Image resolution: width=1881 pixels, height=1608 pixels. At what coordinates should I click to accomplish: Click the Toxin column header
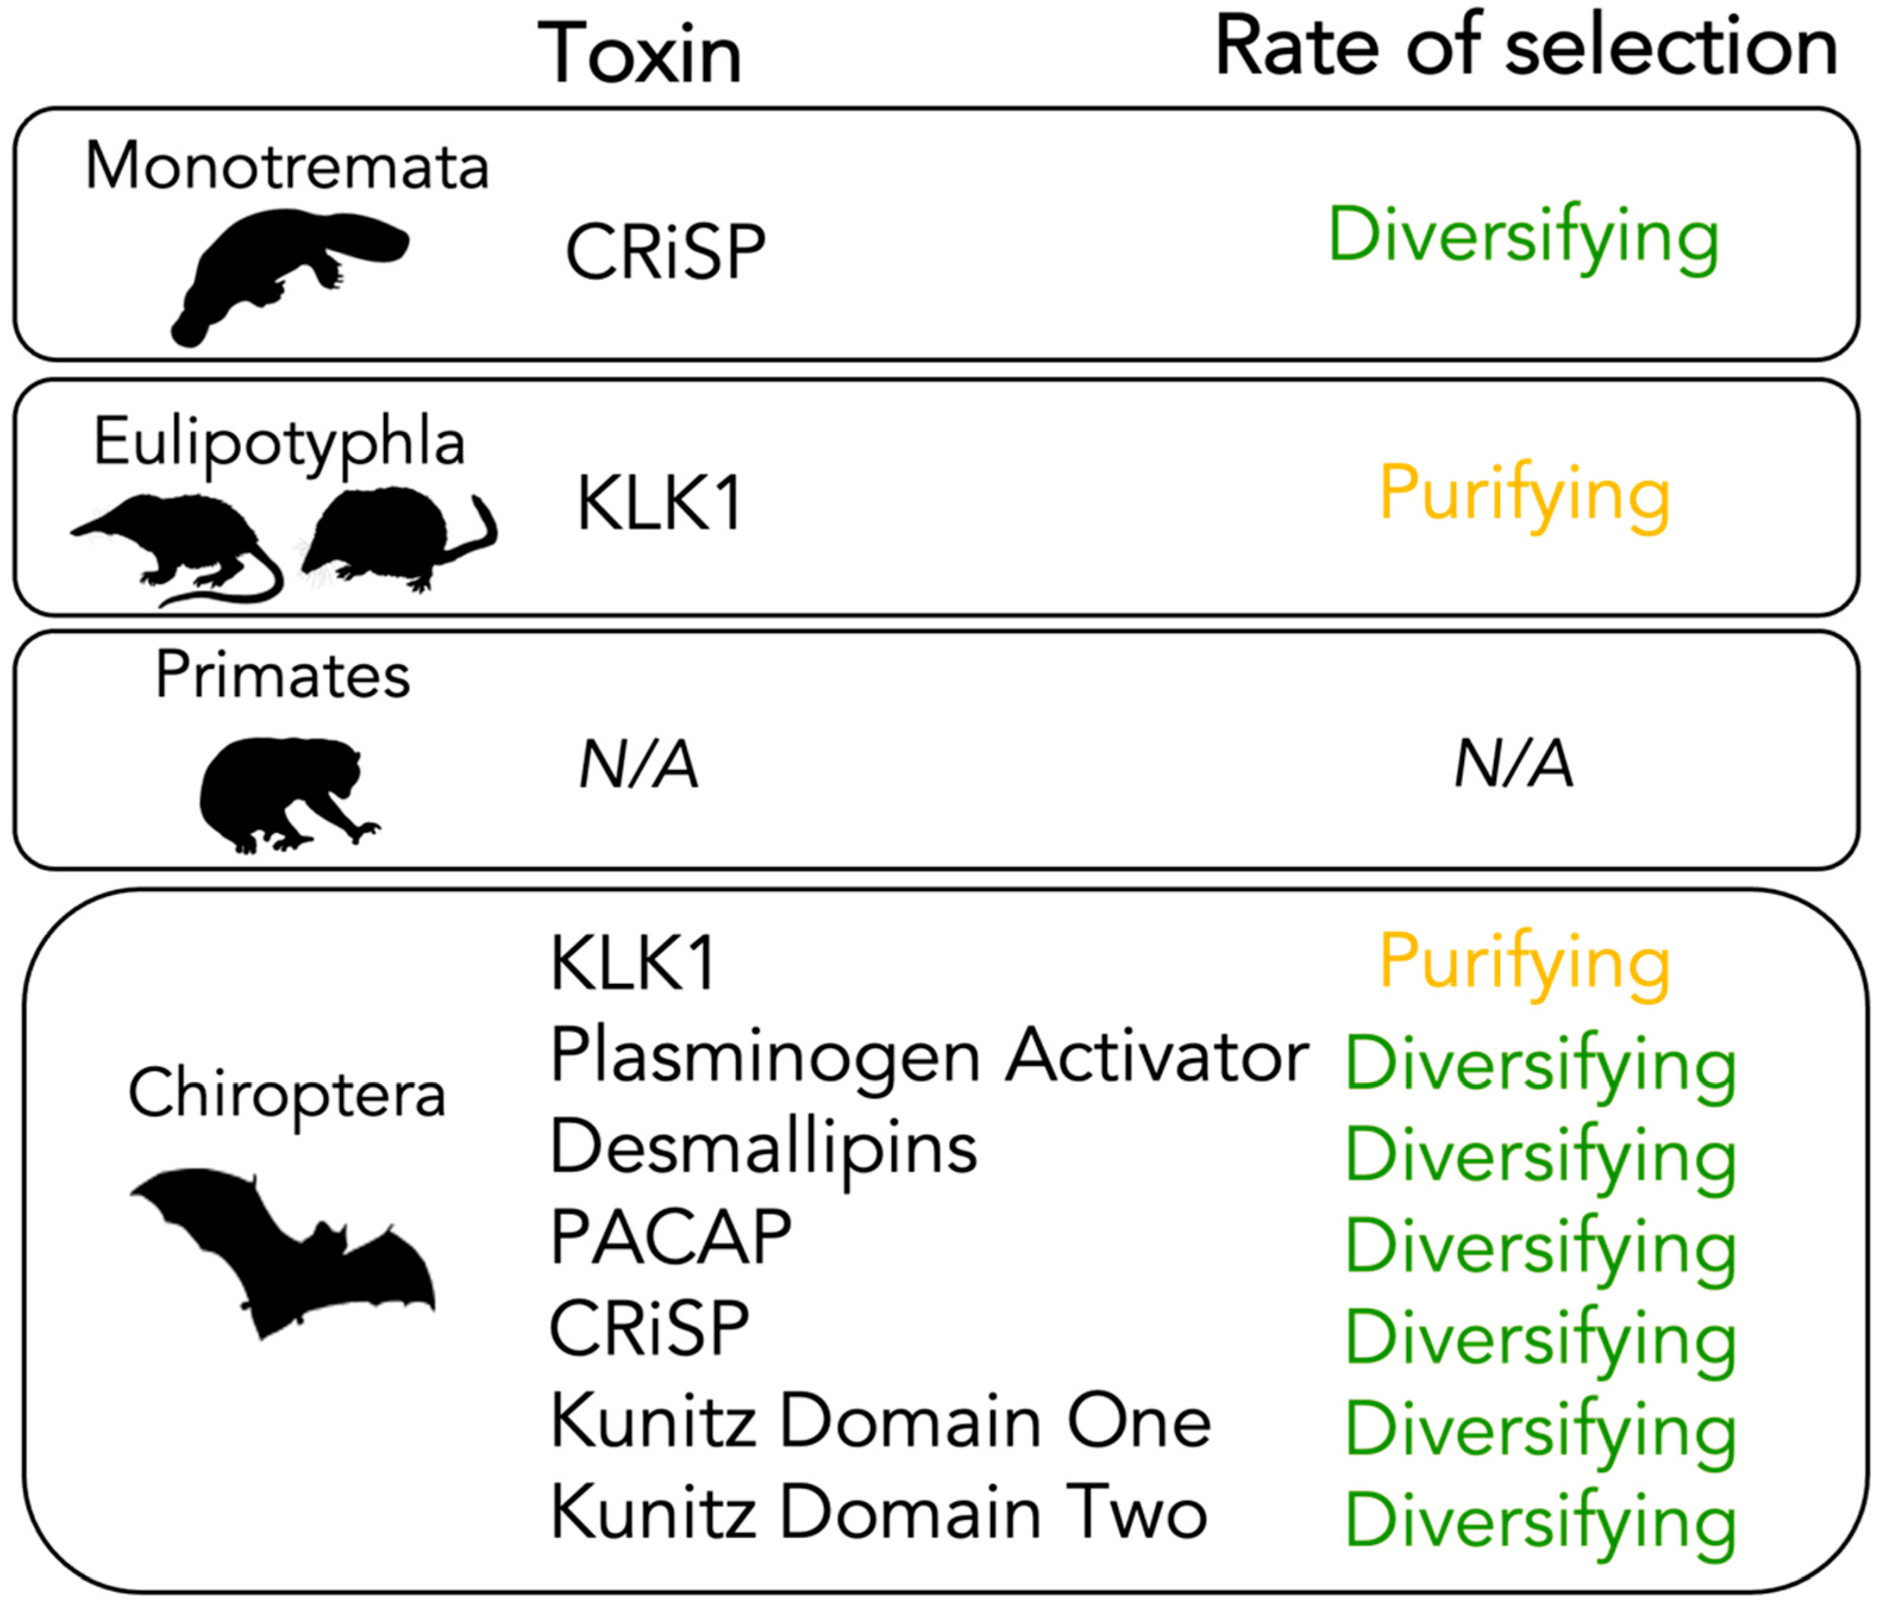click(x=640, y=55)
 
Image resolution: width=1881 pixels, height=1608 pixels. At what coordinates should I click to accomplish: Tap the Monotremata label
click(x=287, y=167)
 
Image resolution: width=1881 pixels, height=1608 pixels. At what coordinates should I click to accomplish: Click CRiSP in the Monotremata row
click(x=665, y=252)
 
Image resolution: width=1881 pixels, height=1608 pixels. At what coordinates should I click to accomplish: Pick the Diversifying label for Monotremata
click(x=1524, y=237)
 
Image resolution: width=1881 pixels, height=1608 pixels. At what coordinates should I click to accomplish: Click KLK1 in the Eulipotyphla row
click(x=660, y=504)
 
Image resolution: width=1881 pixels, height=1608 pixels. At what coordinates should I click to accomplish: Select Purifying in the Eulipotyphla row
click(x=1524, y=495)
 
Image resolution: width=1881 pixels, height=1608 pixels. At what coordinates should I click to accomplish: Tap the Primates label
click(x=283, y=676)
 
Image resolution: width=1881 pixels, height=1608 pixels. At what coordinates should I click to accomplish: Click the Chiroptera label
click(x=287, y=1093)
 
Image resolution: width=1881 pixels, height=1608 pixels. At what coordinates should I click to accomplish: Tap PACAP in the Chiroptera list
click(x=671, y=1237)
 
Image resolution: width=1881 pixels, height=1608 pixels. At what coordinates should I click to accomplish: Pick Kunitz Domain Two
click(x=879, y=1512)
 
